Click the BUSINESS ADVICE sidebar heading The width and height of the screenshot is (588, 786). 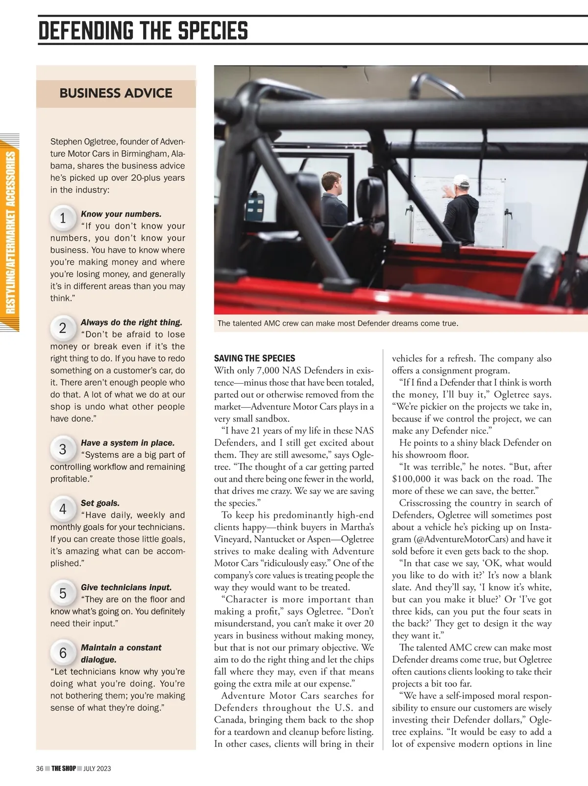[x=116, y=93]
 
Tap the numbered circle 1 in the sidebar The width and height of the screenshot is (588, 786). [x=63, y=218]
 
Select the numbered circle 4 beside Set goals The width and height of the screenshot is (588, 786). [x=63, y=509]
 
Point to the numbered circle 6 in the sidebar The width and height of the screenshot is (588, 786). [x=63, y=653]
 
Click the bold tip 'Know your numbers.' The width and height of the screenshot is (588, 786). [x=121, y=214]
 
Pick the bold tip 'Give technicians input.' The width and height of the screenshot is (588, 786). [x=126, y=588]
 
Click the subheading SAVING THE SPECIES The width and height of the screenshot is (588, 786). [x=254, y=358]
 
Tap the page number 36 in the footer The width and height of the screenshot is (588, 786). [x=40, y=768]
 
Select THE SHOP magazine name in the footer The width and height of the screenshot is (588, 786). [x=64, y=768]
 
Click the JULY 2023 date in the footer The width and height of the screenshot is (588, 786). [x=97, y=768]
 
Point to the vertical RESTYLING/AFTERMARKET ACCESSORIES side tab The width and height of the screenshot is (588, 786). [x=10, y=232]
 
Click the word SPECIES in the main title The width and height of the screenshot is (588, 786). [x=213, y=30]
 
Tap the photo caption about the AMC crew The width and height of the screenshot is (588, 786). [x=338, y=323]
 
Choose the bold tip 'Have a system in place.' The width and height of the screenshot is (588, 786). [x=127, y=443]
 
